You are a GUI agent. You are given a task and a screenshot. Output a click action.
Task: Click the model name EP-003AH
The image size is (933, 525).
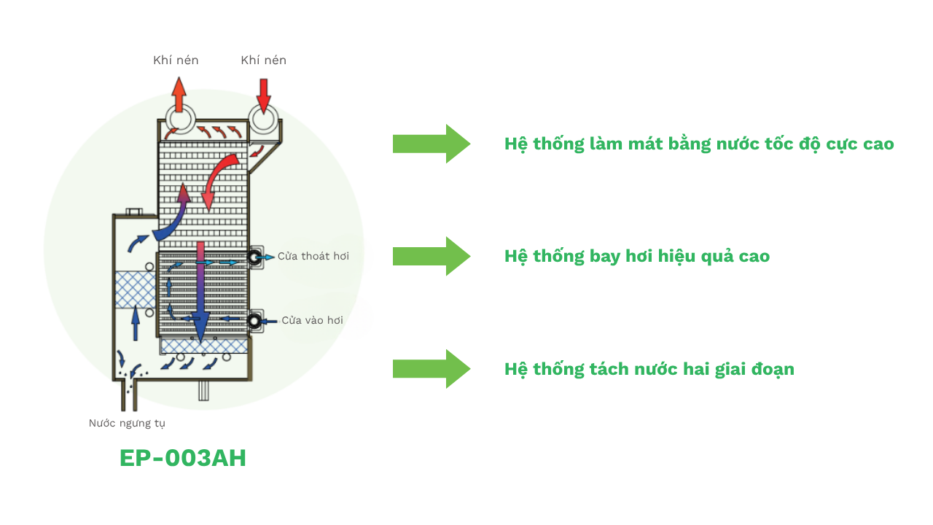tap(183, 458)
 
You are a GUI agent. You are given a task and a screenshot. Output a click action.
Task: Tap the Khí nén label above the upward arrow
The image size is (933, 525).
tap(176, 61)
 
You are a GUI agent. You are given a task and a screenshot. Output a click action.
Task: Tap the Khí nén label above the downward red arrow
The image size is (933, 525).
tap(263, 61)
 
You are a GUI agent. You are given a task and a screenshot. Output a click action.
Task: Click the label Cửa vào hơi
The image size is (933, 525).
tap(312, 320)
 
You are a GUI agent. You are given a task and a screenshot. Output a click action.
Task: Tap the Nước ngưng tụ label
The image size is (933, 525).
tap(127, 423)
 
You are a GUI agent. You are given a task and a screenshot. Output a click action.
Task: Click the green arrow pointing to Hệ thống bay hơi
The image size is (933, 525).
tap(431, 256)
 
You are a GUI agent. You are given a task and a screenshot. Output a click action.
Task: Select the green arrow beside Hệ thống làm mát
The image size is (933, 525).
tap(431, 144)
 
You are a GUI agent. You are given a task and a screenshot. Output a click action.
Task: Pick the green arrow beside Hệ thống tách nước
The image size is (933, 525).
tap(431, 369)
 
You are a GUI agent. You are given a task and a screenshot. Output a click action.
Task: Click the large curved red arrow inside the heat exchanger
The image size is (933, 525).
tap(216, 179)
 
